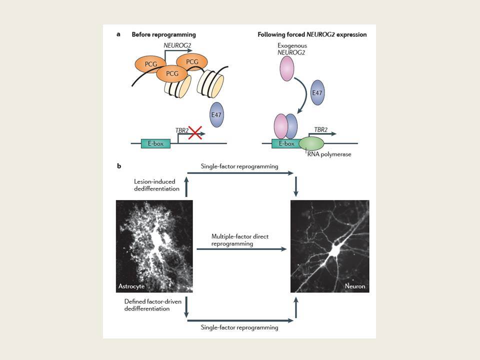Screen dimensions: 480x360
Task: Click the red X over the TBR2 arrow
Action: click(195, 132)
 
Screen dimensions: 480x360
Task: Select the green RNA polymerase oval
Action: click(311, 143)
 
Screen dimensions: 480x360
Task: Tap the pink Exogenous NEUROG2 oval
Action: click(287, 68)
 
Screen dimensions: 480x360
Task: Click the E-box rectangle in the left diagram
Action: click(155, 143)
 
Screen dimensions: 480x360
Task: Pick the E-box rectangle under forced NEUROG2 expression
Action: click(285, 143)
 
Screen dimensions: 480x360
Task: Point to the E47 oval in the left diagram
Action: click(216, 115)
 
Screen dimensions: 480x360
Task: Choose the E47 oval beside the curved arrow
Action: click(317, 93)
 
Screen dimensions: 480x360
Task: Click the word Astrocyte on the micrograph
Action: click(131, 286)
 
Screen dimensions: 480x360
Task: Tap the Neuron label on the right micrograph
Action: click(355, 286)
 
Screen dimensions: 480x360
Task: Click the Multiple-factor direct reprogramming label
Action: click(239, 240)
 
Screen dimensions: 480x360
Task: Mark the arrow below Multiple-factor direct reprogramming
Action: click(241, 249)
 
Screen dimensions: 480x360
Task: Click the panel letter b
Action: click(119, 166)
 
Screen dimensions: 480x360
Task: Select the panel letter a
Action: click(118, 34)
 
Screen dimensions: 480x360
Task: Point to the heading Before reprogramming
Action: click(164, 34)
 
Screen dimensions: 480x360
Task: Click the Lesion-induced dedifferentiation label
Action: click(156, 185)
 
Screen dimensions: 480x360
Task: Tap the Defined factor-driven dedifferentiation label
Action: click(153, 305)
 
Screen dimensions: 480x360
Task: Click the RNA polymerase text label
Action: click(329, 154)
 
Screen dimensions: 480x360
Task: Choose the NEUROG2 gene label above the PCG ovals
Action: click(177, 45)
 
